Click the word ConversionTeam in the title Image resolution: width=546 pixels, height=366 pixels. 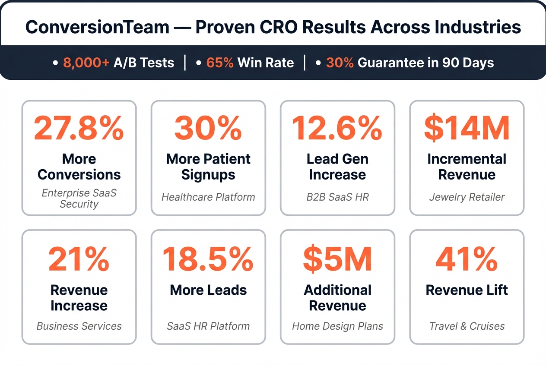(97, 27)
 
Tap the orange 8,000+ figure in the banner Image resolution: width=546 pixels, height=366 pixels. (86, 63)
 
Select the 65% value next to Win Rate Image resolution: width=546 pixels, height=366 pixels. (220, 63)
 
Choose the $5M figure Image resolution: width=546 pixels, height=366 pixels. (337, 259)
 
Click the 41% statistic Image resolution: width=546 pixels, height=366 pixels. (467, 259)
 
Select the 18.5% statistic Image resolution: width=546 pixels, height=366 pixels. (208, 259)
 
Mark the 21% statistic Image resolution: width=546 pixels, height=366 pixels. (79, 259)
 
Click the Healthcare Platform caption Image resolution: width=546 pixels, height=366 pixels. (208, 197)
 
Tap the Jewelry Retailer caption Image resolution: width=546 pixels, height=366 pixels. (467, 197)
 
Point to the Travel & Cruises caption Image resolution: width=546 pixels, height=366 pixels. (467, 326)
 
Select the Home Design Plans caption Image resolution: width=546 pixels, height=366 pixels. (337, 326)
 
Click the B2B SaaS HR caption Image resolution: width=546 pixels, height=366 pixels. (337, 197)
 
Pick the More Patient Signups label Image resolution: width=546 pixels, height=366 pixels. (208, 167)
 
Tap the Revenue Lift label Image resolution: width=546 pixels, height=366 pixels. (467, 290)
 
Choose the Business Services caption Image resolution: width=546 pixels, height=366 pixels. (79, 326)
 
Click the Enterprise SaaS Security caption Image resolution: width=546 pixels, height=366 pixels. (79, 198)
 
